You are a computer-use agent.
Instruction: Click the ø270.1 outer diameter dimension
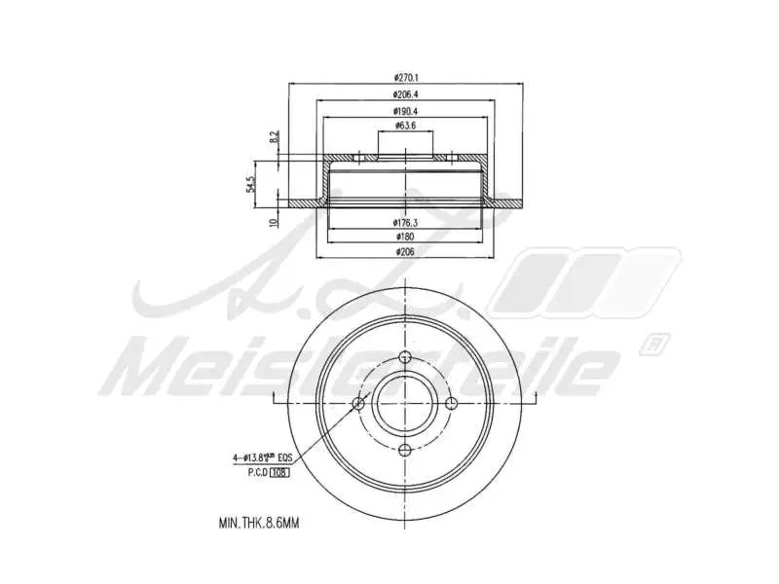point(406,78)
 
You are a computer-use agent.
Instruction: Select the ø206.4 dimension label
point(406,94)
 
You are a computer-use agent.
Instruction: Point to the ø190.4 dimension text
point(406,112)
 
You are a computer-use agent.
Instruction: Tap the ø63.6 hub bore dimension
point(406,127)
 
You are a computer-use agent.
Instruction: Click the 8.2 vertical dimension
point(274,140)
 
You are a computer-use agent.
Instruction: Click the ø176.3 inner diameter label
point(406,223)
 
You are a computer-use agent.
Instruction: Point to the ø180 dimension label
point(406,237)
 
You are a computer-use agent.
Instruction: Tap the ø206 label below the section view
point(406,252)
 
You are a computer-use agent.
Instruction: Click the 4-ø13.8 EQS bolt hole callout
point(262,456)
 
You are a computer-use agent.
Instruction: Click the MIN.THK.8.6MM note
point(258,523)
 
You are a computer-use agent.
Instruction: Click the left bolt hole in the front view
point(359,403)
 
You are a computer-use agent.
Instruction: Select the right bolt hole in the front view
point(452,403)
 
